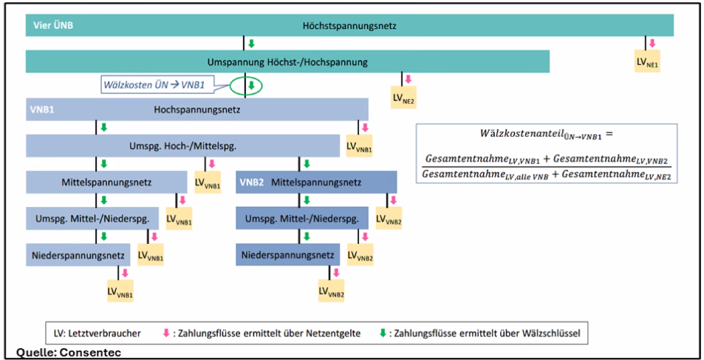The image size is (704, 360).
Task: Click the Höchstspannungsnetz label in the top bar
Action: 349,26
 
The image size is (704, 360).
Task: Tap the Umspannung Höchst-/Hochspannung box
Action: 287,62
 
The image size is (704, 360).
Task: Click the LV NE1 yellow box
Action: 647,61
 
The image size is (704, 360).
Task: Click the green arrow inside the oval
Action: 251,86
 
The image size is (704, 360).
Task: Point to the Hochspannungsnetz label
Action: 197,109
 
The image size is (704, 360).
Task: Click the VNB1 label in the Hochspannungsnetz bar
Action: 41,109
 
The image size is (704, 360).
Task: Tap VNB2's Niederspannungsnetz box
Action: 287,255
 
